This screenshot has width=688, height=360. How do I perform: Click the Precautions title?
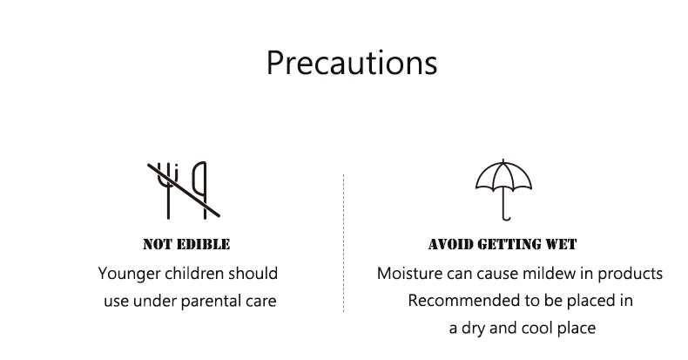352,63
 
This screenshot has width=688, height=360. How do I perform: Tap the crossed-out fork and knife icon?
184,190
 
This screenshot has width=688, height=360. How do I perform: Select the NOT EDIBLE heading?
186,245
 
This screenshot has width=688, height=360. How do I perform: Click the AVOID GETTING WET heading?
503,245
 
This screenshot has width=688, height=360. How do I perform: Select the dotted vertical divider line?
343,243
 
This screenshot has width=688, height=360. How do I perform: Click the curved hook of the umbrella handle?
507,217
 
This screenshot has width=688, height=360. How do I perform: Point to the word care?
262,302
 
